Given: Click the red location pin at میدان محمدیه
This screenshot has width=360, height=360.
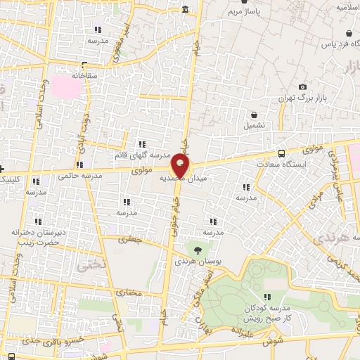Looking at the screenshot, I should click(180, 167).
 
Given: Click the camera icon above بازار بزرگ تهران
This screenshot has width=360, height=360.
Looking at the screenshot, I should click(302, 86).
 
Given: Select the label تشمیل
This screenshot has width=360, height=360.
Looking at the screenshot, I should click(255, 125).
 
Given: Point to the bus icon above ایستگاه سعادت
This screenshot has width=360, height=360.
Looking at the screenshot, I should click(282, 153).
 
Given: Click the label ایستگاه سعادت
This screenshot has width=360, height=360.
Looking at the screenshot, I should click(301, 164).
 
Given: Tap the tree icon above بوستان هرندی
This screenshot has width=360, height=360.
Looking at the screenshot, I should click(198, 249).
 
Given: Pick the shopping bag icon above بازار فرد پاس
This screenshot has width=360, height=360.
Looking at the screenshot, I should click(349, 33).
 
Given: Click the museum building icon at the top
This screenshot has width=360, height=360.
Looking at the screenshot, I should click(185, 9).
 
